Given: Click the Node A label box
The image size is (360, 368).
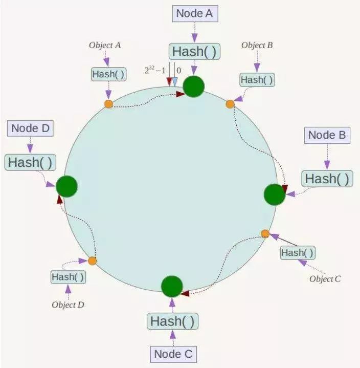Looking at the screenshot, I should click(194, 14).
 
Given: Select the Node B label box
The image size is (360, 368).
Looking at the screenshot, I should click(328, 136).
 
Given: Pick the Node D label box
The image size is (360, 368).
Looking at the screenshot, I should click(30, 128).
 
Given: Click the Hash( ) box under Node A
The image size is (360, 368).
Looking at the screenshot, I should click(194, 51).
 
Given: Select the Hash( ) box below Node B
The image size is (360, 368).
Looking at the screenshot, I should click(327, 179).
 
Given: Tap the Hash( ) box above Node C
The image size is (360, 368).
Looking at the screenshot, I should click(173, 321).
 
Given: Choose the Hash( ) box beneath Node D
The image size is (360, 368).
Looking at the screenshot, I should click(30, 162).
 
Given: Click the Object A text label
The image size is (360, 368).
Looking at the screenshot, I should click(105, 45).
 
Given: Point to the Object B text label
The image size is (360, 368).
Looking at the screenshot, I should click(257, 45).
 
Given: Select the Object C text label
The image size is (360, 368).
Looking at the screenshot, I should click(325, 279).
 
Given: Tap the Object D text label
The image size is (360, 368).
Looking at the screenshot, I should click(68, 305).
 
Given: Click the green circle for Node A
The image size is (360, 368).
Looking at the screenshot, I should click(194, 86).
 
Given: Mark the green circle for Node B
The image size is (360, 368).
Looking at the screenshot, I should click(274, 194).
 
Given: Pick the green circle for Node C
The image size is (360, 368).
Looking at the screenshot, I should click(172, 286).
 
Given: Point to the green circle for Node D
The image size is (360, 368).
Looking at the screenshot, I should click(66, 186).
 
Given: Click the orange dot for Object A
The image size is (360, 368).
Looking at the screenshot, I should click(108, 104).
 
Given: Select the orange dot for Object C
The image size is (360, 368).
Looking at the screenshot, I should click(265, 234).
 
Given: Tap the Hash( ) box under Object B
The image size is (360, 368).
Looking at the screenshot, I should click(257, 80).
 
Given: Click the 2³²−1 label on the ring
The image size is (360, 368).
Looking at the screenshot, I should click(155, 70).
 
